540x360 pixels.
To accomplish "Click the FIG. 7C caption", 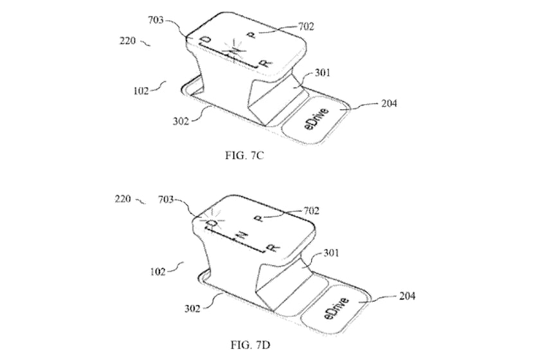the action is (x=244, y=156).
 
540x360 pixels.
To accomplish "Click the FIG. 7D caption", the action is (x=250, y=345).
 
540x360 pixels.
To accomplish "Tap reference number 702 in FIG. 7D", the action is (x=310, y=210).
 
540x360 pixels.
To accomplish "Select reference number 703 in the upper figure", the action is (x=156, y=21).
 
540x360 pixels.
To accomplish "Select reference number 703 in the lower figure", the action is (x=166, y=199).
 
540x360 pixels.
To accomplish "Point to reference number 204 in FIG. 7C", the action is (x=389, y=103).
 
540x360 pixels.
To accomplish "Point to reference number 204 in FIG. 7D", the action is (x=407, y=296).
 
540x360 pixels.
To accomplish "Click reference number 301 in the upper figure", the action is (x=322, y=73).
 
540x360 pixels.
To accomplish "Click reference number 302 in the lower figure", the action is (x=192, y=309).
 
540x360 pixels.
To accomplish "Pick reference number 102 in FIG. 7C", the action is (x=141, y=91).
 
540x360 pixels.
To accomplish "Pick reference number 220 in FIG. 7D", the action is (x=123, y=199).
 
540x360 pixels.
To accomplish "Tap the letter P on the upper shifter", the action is (x=253, y=35).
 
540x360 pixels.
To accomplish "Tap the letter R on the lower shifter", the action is (x=273, y=248).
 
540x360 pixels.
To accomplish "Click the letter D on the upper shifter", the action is (x=206, y=40).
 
